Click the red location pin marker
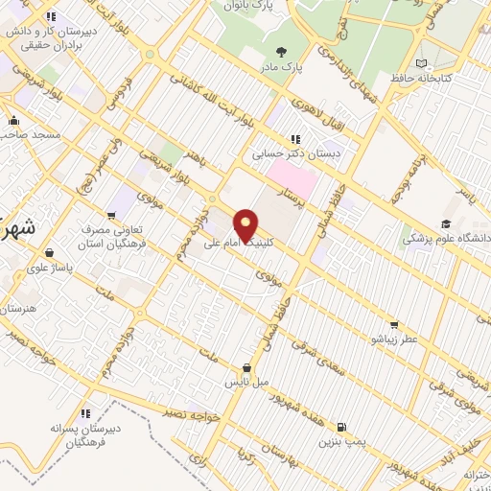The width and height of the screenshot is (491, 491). click(x=246, y=224)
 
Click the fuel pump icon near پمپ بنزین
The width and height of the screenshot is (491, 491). click(x=341, y=426)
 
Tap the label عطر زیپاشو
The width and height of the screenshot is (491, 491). click(x=395, y=339)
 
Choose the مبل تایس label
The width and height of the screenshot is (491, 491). click(x=246, y=382)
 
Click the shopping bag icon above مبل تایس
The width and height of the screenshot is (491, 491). click(x=247, y=367)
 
